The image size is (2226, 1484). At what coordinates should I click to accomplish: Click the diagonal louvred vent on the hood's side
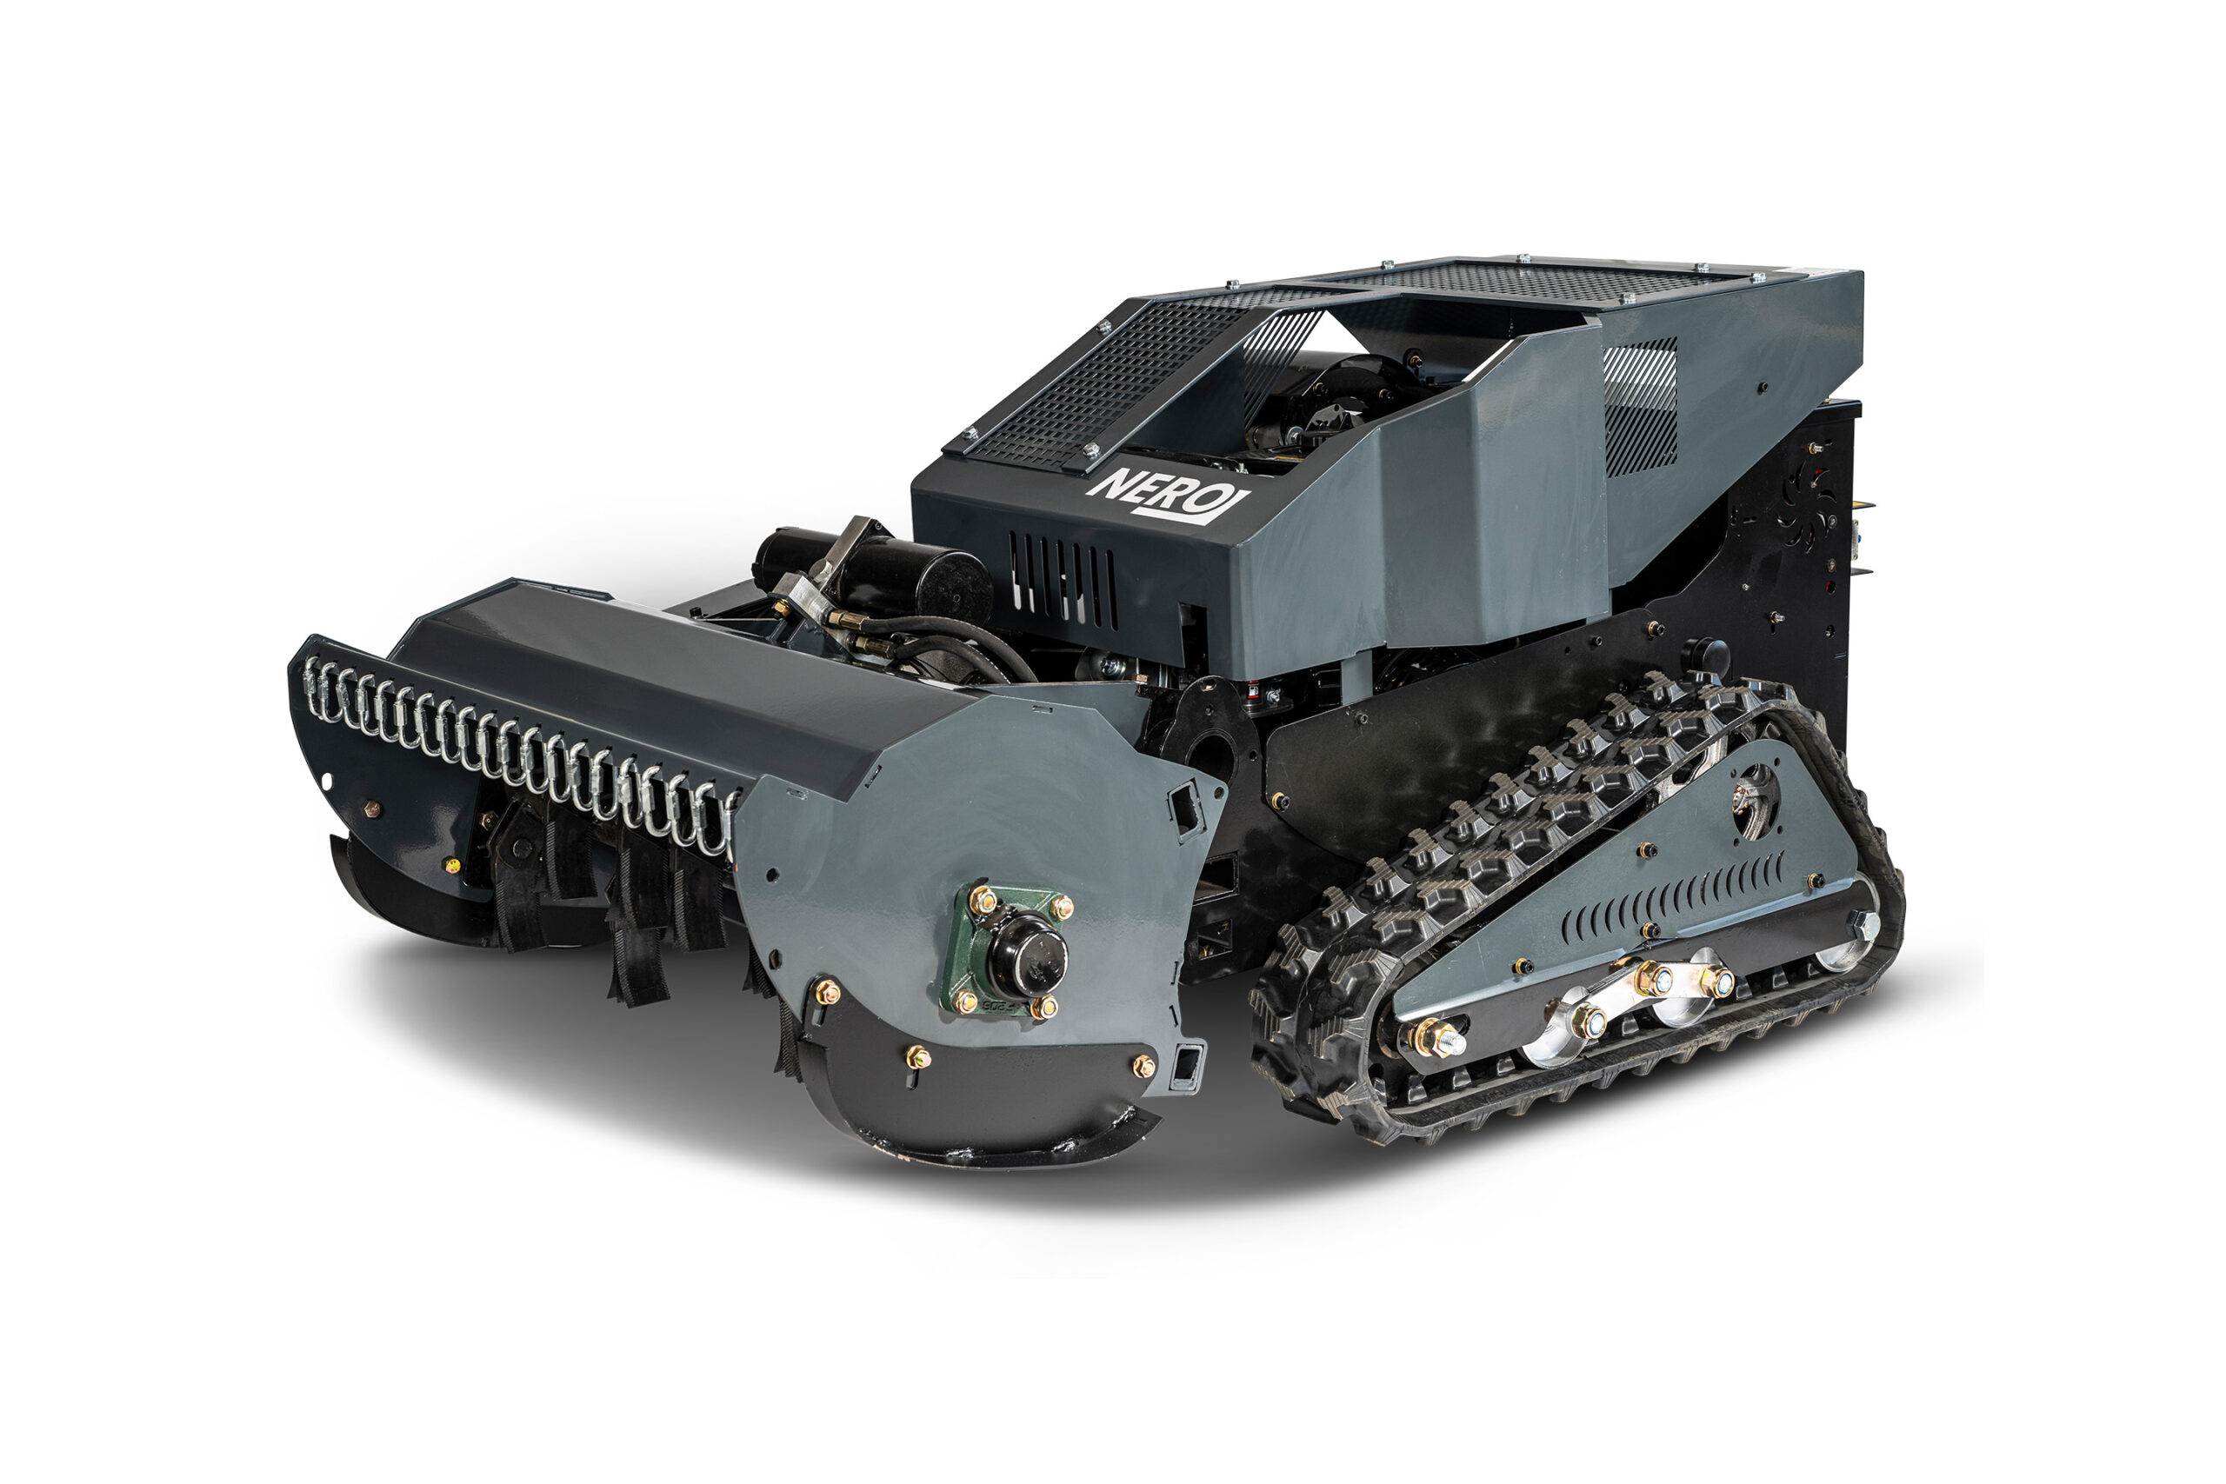pyautogui.click(x=1640, y=407)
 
